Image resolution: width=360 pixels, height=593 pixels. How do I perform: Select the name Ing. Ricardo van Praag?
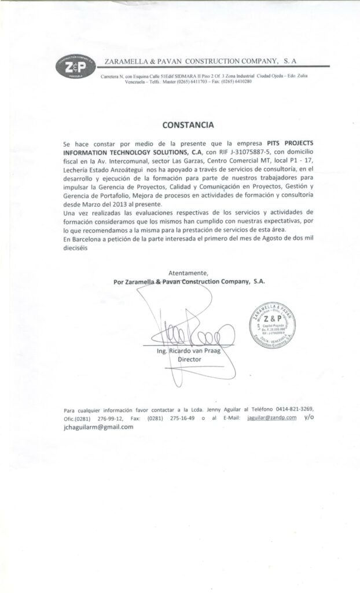pyautogui.click(x=184, y=352)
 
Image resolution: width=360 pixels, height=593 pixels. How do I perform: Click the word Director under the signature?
pyautogui.click(x=189, y=360)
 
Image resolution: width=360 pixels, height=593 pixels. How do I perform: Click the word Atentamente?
pyautogui.click(x=188, y=272)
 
